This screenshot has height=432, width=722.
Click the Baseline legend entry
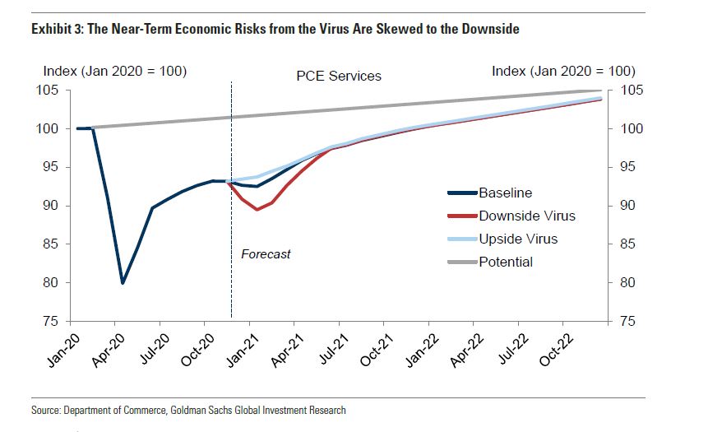coord(505,193)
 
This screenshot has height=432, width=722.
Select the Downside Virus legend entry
coord(526,216)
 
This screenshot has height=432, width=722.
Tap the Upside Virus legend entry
coord(517,239)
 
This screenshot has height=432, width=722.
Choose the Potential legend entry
coord(506,262)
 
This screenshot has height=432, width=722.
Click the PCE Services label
coord(339,76)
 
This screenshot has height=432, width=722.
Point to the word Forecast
coord(266,254)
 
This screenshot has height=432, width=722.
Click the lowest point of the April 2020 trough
coord(123,283)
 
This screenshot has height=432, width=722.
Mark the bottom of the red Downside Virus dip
coord(257,210)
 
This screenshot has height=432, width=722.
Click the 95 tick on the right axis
coord(627,168)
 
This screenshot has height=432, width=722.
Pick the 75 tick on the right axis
coord(627,322)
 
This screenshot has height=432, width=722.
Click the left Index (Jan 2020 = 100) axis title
coord(114,72)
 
